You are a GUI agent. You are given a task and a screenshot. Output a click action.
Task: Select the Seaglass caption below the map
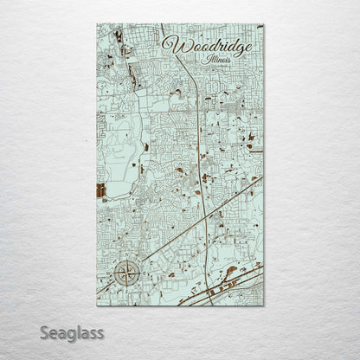coord(73,332)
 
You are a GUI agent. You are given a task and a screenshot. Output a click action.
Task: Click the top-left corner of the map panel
coord(98,24)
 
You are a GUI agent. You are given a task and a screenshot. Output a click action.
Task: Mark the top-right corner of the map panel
coord(263,24)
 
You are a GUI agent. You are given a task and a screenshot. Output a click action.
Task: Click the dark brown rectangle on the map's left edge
coord(101,190)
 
